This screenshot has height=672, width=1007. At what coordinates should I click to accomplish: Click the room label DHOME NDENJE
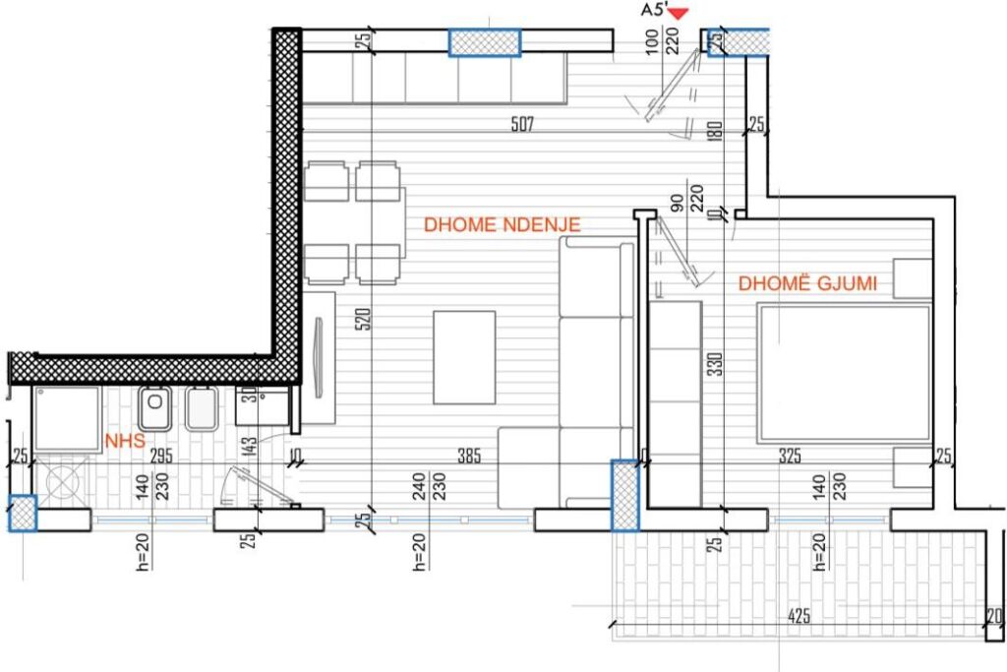(502, 224)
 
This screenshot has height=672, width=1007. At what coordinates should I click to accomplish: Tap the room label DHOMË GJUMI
(807, 284)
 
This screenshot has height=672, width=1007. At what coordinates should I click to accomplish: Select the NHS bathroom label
(125, 442)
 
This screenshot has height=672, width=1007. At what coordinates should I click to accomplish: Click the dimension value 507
(523, 124)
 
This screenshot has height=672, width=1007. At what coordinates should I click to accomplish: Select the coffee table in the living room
(463, 356)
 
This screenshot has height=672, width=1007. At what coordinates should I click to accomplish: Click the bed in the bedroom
(845, 371)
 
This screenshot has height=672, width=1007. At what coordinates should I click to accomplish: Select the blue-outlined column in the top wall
(484, 43)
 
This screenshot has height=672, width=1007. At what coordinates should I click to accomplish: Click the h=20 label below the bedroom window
(819, 553)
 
